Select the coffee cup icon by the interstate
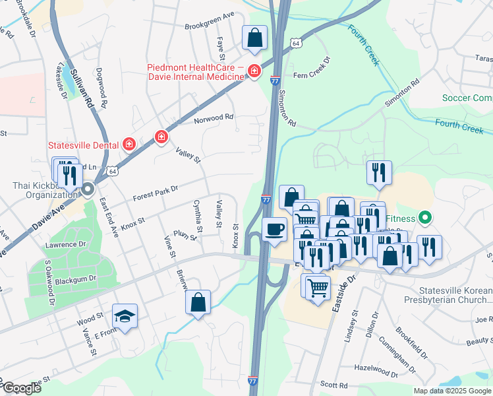tap(274, 230)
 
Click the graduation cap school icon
tap(124, 316)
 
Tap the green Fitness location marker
tap(426, 218)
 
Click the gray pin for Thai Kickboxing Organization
tap(88, 191)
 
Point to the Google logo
tap(22, 388)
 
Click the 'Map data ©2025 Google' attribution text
tap(452, 391)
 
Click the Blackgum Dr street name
tap(75, 279)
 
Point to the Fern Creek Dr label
tap(311, 76)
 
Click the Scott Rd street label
tap(333, 385)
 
